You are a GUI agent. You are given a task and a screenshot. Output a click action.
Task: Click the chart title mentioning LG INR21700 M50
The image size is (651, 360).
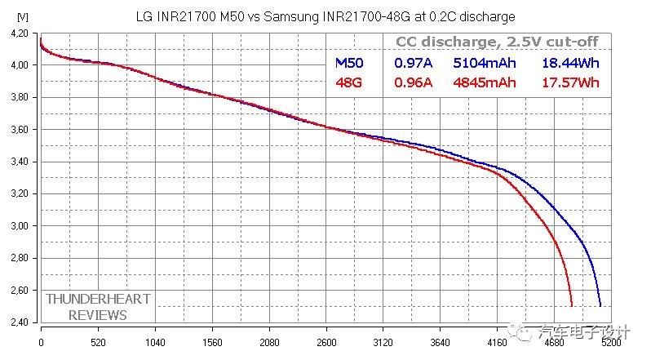pyautogui.click(x=324, y=16)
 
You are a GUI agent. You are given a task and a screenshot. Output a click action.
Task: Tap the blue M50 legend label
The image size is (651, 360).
pyautogui.click(x=350, y=62)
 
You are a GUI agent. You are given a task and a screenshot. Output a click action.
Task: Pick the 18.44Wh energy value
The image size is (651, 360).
pyautogui.click(x=570, y=62)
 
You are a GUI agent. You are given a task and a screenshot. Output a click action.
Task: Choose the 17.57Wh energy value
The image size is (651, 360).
pyautogui.click(x=570, y=82)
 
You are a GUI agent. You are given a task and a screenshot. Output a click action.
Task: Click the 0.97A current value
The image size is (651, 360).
pyautogui.click(x=414, y=62)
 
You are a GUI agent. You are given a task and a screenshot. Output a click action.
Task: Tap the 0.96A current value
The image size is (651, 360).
pyautogui.click(x=414, y=82)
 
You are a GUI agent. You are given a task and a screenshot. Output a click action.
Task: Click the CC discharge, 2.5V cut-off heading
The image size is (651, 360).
pyautogui.click(x=497, y=42)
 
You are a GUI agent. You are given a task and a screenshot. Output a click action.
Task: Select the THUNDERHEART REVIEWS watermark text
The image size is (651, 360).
pyautogui.click(x=98, y=307)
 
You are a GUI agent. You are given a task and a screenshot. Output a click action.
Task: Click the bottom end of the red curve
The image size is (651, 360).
pyautogui.click(x=572, y=305)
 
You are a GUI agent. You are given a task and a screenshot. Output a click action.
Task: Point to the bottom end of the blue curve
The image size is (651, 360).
pyautogui.click(x=600, y=305)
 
